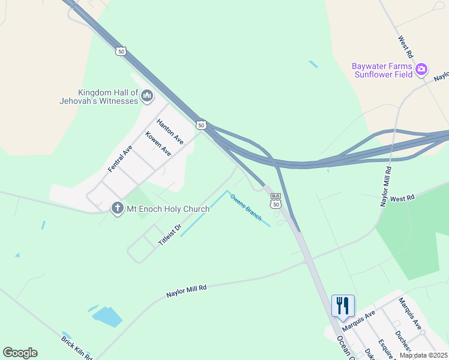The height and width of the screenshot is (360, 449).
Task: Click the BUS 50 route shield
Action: point(276,200)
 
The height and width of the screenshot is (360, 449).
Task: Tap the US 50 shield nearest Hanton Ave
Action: point(201,125)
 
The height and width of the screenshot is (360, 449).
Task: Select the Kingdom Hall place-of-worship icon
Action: point(147,95)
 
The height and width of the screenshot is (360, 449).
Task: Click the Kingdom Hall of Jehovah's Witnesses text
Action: point(108,97)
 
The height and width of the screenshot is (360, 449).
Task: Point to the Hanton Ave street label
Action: point(170,131)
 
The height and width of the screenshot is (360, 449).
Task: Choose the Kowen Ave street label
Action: point(158,144)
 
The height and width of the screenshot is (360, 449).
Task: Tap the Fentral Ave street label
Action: point(120,158)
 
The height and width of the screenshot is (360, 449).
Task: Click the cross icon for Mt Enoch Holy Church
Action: point(117,209)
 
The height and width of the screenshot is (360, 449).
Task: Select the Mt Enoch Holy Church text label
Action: point(167,209)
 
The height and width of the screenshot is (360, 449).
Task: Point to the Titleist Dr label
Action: point(170,235)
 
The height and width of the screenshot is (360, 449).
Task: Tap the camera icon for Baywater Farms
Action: point(421,70)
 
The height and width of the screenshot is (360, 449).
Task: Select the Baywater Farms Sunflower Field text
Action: point(383,70)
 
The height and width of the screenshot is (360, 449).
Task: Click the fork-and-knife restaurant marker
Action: point(343,305)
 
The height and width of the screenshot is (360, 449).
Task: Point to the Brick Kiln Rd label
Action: point(77,347)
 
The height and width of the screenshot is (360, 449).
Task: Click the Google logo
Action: point(20,353)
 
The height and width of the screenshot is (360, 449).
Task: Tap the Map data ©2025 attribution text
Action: point(423,355)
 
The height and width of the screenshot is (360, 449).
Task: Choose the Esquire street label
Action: point(385,349)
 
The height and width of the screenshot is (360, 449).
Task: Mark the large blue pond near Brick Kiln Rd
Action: point(107,316)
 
